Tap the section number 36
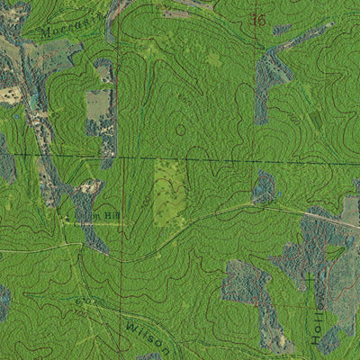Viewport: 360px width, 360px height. click(x=259, y=19)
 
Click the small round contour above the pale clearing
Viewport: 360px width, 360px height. click(x=180, y=130)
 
